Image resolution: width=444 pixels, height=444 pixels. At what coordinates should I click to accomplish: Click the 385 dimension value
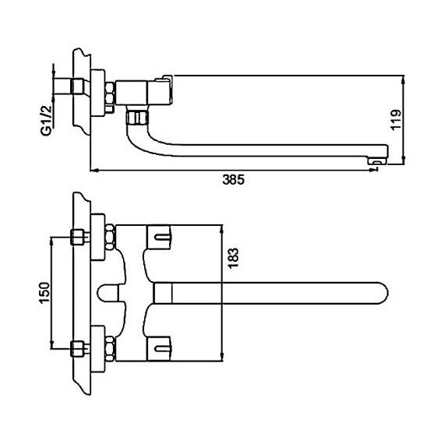point(233,179)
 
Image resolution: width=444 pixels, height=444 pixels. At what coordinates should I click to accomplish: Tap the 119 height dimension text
point(396,119)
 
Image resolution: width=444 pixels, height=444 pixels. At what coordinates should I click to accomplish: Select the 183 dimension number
point(234,259)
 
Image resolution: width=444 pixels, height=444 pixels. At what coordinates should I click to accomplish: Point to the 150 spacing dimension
point(44,293)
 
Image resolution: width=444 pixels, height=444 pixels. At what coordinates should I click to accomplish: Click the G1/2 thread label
point(47,120)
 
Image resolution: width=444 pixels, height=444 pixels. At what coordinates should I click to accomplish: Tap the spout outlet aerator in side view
point(378,162)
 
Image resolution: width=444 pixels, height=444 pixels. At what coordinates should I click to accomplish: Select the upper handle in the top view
point(159,238)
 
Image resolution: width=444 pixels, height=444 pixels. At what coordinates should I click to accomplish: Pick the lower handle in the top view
point(159,349)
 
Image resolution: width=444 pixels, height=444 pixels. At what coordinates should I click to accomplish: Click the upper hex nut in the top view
point(110,238)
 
